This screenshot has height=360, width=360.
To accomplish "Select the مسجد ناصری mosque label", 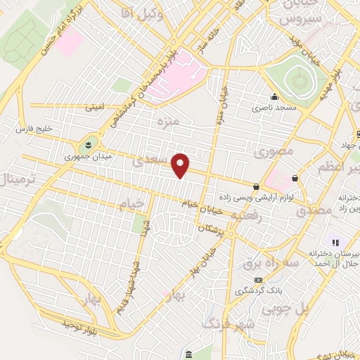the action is coord(276,109).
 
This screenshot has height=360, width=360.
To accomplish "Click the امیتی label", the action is coord(94,108).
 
